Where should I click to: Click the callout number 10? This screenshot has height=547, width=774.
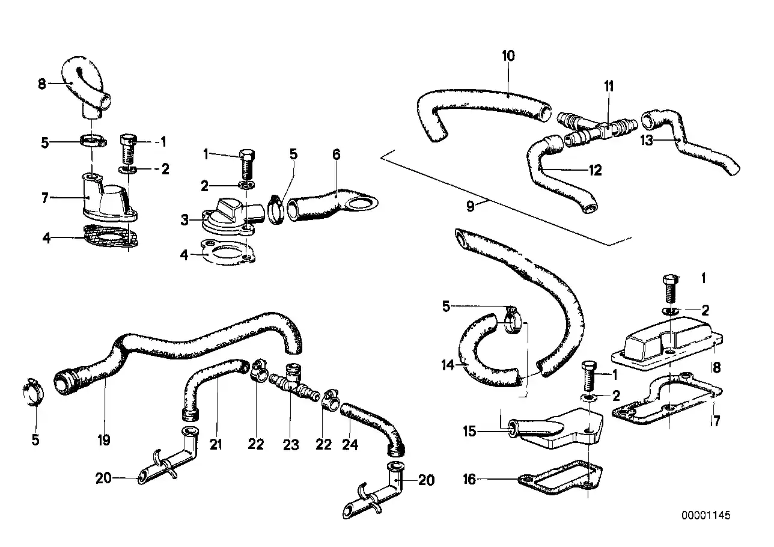(x=508, y=56)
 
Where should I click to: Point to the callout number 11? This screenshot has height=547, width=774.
(x=609, y=87)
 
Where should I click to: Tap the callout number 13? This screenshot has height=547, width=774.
(x=647, y=141)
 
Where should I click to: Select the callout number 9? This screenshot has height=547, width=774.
(x=471, y=206)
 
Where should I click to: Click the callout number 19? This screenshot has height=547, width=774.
(x=103, y=440)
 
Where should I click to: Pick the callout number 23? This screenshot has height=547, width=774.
(x=291, y=445)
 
